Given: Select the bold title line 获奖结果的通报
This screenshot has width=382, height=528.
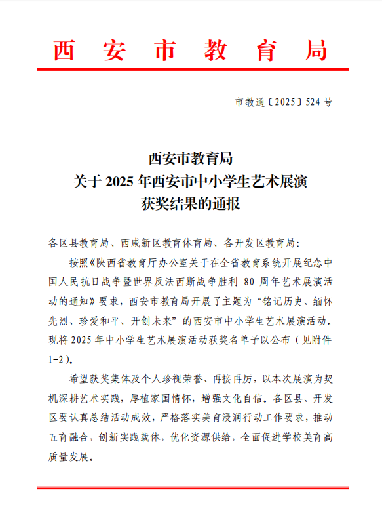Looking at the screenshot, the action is point(191,203).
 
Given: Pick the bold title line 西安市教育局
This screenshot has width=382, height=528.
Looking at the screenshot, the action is point(191,159).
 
